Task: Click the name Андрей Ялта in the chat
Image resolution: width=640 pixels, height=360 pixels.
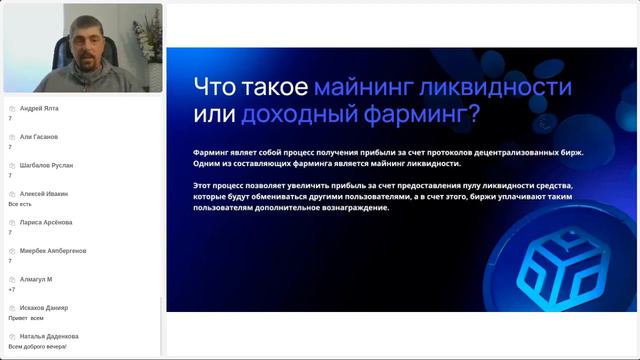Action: [x=38, y=108]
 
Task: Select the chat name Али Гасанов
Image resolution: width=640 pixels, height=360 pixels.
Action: [x=38, y=136]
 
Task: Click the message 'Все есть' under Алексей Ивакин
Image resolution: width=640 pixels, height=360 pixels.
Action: [x=20, y=204]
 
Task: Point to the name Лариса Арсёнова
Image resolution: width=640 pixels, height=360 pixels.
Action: [x=45, y=222]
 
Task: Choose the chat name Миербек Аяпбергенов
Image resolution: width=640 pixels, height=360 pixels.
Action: [x=52, y=250]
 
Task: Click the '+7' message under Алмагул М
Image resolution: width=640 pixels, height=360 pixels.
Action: [x=11, y=289]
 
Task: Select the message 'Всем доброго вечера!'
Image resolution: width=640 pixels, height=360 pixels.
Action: [x=37, y=346]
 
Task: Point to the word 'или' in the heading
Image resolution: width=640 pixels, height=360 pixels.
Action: [x=212, y=113]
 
